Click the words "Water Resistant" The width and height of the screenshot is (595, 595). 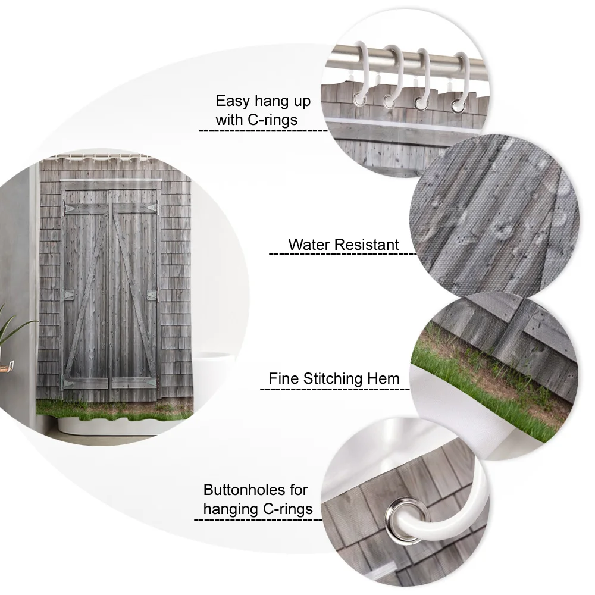(343, 244)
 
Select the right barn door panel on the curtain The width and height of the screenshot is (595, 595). (134, 292)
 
